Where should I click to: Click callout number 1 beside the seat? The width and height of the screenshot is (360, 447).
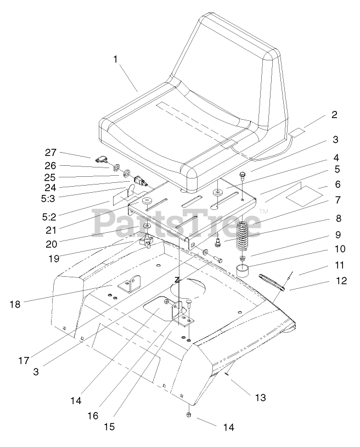(115, 59)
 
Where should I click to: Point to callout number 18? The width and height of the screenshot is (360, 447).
(15, 304)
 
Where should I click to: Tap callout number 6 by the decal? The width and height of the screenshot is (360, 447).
(337, 185)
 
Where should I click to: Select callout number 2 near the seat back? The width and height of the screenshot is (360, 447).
(335, 115)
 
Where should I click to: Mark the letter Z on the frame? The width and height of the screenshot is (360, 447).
(177, 280)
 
